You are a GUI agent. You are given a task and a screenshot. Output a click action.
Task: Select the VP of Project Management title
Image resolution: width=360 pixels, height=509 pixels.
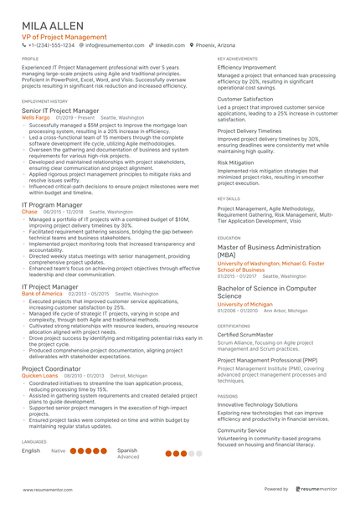64,38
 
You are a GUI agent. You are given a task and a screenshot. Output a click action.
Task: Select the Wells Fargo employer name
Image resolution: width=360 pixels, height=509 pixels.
36,118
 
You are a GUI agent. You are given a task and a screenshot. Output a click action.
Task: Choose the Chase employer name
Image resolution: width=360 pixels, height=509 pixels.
29,213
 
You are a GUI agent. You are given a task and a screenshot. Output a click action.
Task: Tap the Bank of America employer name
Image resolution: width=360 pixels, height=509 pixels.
42,294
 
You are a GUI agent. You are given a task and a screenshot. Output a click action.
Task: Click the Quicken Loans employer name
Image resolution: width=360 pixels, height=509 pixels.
39,376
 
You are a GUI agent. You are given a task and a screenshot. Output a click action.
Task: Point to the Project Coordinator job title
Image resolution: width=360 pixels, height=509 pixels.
51,368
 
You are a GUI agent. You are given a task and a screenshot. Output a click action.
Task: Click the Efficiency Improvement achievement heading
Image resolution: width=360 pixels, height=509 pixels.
246,68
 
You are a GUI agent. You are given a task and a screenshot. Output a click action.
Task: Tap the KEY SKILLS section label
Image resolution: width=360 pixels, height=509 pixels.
228,198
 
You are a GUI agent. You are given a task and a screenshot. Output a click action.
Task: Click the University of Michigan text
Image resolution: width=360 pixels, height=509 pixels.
244,304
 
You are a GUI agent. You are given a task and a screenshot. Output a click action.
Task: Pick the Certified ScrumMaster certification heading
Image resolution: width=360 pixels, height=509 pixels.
245,335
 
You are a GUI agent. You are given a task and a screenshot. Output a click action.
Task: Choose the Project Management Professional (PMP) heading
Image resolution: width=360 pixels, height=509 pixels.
267,360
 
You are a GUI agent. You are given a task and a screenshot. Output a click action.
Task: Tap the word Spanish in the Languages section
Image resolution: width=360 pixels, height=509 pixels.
127,450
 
